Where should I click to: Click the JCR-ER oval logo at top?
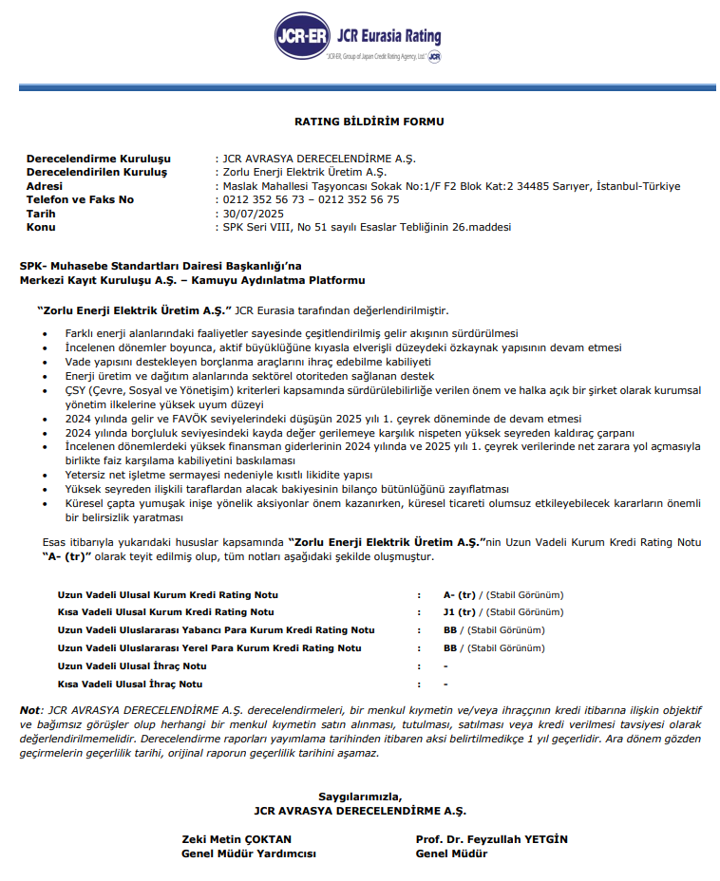click(x=302, y=37)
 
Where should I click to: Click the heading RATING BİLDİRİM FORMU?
click(x=369, y=122)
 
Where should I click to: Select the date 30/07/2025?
click(x=252, y=214)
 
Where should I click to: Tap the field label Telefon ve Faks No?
click(x=80, y=199)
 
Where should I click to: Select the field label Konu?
click(x=41, y=227)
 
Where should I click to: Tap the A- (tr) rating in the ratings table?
click(x=459, y=594)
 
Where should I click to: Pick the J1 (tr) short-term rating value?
click(x=459, y=612)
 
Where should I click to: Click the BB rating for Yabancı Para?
click(x=450, y=630)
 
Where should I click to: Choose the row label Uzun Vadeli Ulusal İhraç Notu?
click(x=132, y=666)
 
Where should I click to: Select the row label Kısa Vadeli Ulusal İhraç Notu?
click(x=130, y=684)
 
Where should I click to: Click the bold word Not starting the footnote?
click(x=30, y=710)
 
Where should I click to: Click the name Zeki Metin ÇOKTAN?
click(x=237, y=839)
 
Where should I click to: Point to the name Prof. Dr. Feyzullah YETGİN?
click(x=491, y=839)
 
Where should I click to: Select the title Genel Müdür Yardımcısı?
click(x=249, y=853)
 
